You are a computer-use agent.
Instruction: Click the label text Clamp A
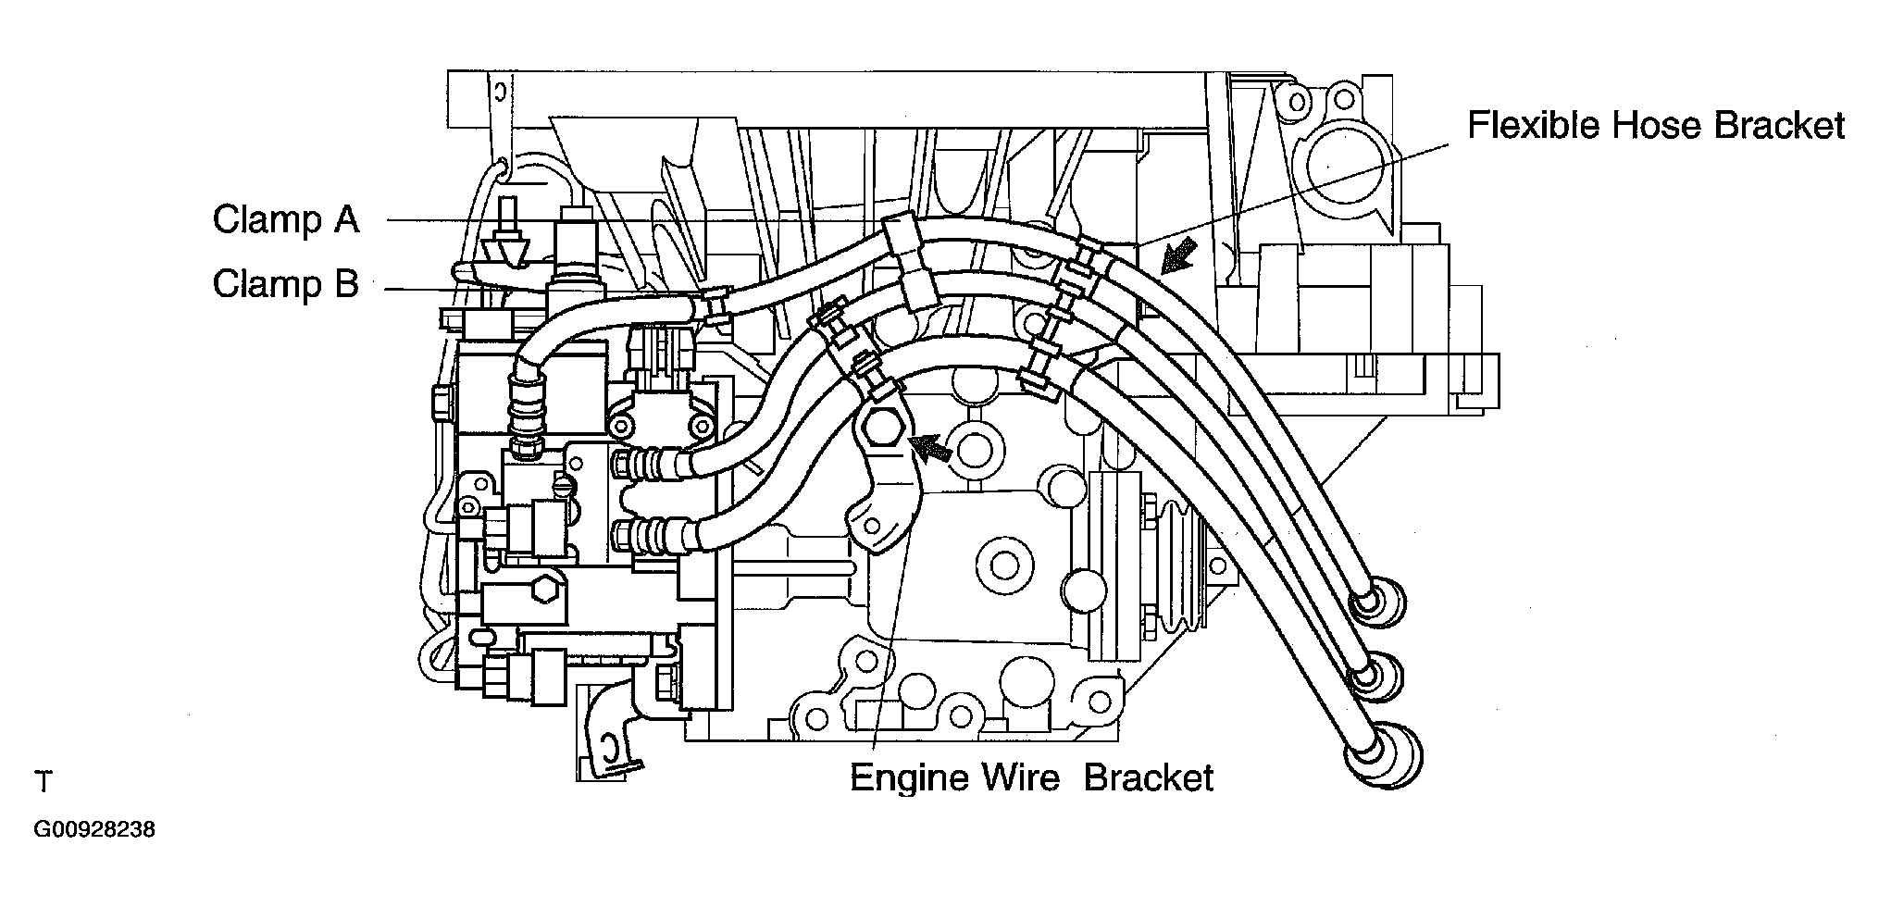click(x=286, y=220)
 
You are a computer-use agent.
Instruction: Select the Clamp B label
click(x=286, y=283)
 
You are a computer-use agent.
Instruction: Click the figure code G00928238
click(x=94, y=829)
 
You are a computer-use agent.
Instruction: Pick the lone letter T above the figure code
click(x=44, y=783)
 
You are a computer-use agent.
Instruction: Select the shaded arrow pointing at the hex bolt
click(x=931, y=449)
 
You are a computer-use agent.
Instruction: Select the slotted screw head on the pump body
click(x=566, y=485)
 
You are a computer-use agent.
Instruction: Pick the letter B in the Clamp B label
click(x=346, y=283)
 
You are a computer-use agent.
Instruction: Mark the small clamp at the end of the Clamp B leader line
click(x=715, y=305)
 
